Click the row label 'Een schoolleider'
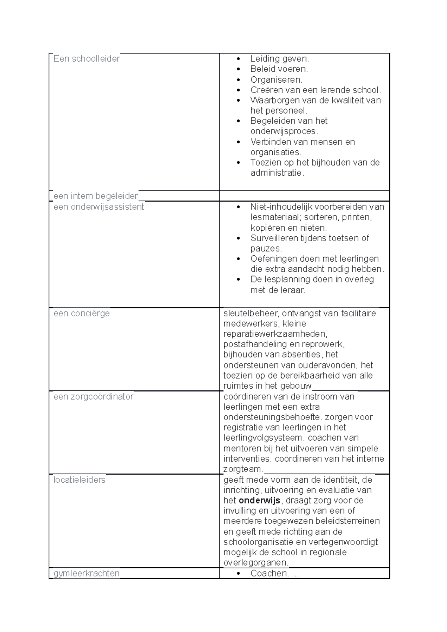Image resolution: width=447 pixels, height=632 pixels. pyautogui.click(x=86, y=59)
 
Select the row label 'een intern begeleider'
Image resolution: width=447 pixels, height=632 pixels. pyautogui.click(x=96, y=196)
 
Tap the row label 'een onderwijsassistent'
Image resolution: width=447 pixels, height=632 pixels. pyautogui.click(x=99, y=207)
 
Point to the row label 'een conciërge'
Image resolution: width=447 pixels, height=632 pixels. pyautogui.click(x=82, y=313)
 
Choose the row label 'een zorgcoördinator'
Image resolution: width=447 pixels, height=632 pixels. pyautogui.click(x=93, y=397)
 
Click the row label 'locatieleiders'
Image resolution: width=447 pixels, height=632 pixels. pyautogui.click(x=79, y=480)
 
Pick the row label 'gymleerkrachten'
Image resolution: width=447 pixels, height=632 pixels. pyautogui.click(x=86, y=573)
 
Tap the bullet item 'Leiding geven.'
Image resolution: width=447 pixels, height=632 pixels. pyautogui.click(x=279, y=59)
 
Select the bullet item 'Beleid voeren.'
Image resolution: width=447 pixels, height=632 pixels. pyautogui.click(x=279, y=69)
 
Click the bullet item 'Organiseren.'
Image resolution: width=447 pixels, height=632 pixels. pyautogui.click(x=276, y=80)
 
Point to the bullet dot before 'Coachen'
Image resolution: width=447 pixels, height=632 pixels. pyautogui.click(x=239, y=574)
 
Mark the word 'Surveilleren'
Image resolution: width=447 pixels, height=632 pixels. pyautogui.click(x=274, y=238)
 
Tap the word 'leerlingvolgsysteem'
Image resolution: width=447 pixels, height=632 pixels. pyautogui.click(x=263, y=438)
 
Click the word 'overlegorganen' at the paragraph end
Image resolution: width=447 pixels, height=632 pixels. pyautogui.click(x=255, y=562)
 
